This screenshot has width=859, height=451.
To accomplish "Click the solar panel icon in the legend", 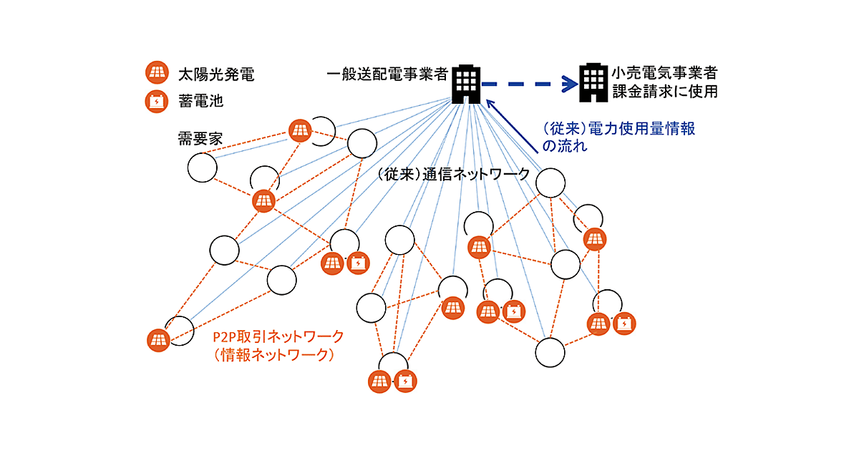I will [x=156, y=73].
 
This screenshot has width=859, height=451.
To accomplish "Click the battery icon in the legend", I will [x=156, y=101].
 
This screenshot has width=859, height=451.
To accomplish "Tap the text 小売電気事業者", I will [x=664, y=73].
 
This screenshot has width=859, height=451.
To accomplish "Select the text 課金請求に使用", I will [x=664, y=92].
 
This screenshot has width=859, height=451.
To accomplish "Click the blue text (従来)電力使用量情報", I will [x=619, y=129].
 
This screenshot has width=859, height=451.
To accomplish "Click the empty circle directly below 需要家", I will [x=202, y=169].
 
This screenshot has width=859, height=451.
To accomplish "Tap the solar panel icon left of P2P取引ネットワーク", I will [x=158, y=339].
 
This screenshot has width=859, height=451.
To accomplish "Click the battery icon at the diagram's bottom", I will [x=404, y=382].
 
